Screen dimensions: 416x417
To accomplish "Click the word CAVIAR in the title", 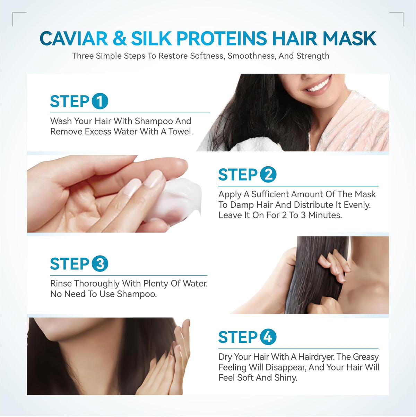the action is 74,39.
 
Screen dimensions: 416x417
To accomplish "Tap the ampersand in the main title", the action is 120,39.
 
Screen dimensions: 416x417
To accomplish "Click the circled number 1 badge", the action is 100,101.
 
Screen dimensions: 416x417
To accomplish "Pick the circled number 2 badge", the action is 268,174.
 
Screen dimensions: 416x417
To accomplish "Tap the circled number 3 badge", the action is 100,264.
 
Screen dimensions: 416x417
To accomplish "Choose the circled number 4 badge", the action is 268,337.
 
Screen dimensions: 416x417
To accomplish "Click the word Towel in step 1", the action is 180,132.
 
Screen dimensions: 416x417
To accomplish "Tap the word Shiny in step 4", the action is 286,378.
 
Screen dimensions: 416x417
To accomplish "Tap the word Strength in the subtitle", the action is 313,56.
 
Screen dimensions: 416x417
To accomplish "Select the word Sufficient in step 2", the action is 270,194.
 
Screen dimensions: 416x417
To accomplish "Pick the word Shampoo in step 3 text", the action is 137,294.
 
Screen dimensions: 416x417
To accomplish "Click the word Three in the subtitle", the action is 83,56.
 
